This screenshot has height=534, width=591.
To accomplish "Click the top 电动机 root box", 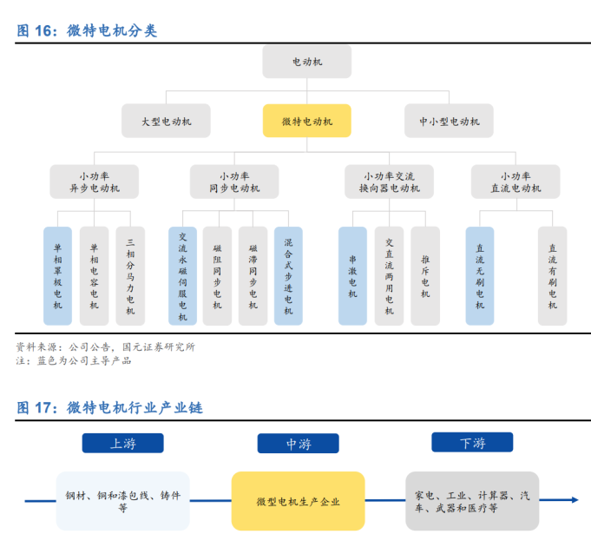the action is (307, 62).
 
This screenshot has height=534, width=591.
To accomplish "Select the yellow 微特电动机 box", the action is (307, 121).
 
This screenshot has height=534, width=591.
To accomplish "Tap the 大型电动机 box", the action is (166, 121).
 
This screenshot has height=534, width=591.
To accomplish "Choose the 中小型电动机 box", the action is (449, 121).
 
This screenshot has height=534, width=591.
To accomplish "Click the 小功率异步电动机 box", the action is (95, 181).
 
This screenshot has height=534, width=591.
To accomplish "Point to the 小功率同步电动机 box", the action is (234, 181).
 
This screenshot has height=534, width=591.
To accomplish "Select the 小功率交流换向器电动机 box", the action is (389, 181).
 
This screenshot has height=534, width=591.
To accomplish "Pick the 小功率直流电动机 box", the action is (515, 181).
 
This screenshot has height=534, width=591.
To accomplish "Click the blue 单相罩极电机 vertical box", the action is (57, 275).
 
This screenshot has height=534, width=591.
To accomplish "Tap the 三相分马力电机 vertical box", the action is (130, 275).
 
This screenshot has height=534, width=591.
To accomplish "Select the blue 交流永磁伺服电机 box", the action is (182, 275).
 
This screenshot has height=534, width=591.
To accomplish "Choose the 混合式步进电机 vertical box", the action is (288, 275).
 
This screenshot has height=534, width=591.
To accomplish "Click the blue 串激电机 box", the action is (353, 275).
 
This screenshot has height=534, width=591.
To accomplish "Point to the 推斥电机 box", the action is (425, 275).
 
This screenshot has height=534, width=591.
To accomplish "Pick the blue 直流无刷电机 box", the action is (480, 275).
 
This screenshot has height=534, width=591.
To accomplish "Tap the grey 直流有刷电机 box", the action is (552, 275).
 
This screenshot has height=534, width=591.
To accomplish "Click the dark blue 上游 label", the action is (123, 443).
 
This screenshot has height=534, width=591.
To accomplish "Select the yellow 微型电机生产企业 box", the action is (299, 501).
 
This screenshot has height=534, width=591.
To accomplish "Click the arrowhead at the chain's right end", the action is (575, 500).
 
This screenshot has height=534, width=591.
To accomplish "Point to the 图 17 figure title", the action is (109, 408).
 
